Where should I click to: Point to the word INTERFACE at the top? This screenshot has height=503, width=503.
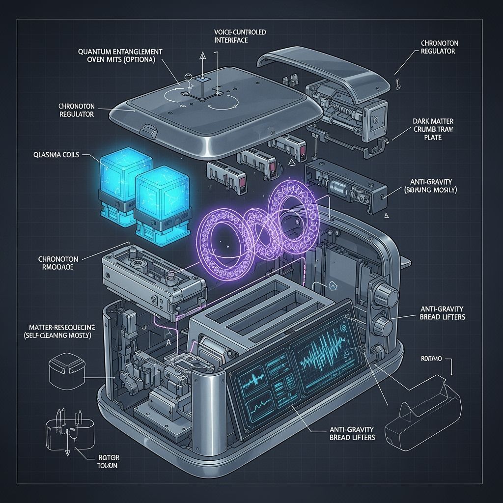click(x=231, y=40)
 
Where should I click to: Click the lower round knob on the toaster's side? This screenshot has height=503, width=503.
click(x=383, y=324)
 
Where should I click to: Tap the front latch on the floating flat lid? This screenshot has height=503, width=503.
click(x=148, y=132)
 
